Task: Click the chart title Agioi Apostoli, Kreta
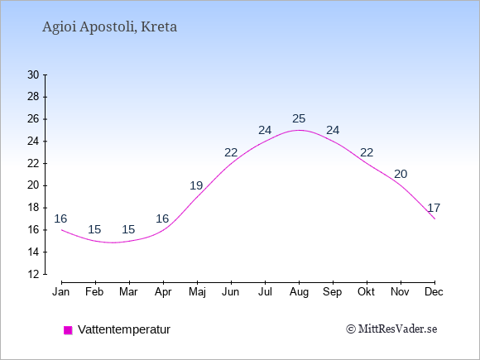(x=109, y=27)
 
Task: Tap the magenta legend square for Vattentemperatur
(x=68, y=330)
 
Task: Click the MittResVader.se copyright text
(x=391, y=329)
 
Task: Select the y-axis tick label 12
(x=33, y=274)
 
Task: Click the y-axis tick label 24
(x=33, y=142)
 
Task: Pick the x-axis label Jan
(x=61, y=292)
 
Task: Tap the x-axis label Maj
(x=197, y=292)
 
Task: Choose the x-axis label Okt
(x=366, y=292)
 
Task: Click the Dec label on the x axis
(x=434, y=292)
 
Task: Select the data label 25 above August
(x=299, y=118)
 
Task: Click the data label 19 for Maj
(x=196, y=185)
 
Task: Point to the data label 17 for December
(x=434, y=208)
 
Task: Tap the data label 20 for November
(x=401, y=174)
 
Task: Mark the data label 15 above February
(x=94, y=229)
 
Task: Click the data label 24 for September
(x=333, y=130)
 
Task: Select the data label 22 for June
(x=231, y=152)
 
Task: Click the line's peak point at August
(x=299, y=130)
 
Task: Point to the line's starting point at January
(x=62, y=230)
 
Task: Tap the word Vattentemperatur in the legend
(x=124, y=329)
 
